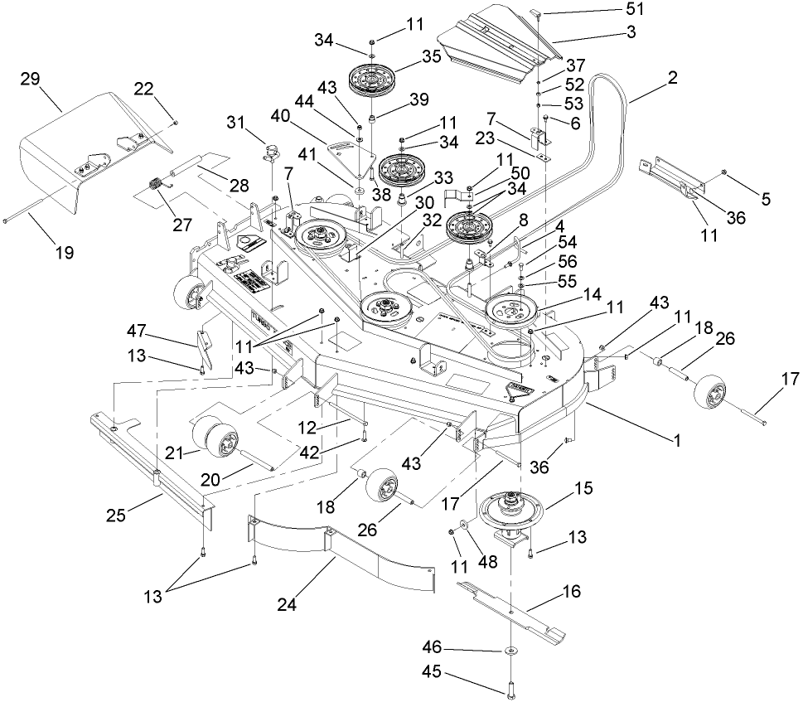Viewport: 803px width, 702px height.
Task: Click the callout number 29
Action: pos(30,79)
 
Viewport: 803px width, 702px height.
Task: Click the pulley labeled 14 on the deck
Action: pos(510,309)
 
